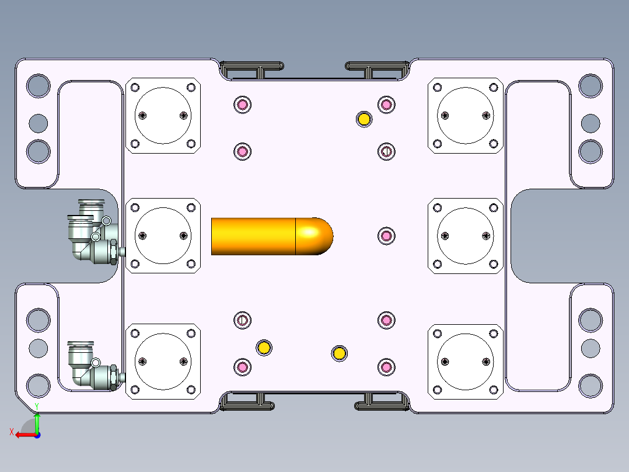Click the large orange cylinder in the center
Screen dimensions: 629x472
click(x=272, y=236)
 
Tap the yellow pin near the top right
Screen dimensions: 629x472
click(x=364, y=119)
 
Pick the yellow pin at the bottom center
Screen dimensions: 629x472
click(x=340, y=353)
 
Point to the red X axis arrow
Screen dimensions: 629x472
click(x=26, y=435)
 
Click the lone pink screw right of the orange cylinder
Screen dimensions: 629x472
click(x=386, y=236)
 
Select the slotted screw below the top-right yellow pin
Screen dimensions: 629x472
click(x=386, y=151)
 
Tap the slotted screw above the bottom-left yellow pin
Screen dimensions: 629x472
click(x=242, y=320)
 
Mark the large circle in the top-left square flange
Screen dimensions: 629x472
click(x=163, y=116)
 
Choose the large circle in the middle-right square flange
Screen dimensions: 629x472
click(x=466, y=236)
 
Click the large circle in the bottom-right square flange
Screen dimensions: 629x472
click(x=466, y=362)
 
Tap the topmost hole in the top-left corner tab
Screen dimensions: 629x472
click(x=39, y=85)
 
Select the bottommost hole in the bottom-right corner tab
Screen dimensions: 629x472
click(x=590, y=386)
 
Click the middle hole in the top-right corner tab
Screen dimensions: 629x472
click(x=590, y=123)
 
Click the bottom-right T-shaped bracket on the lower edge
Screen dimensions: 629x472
click(x=382, y=402)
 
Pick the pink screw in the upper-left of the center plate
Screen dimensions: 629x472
click(x=242, y=105)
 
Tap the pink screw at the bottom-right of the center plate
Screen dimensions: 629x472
click(x=386, y=367)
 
